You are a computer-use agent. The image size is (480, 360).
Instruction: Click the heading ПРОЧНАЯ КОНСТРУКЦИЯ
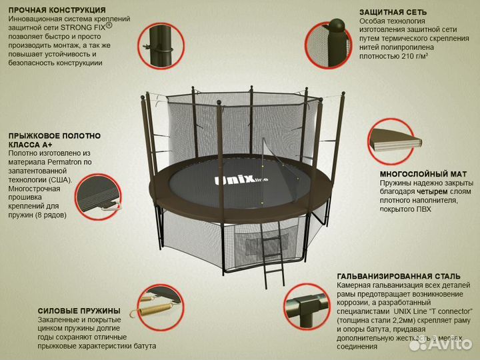click(57, 11)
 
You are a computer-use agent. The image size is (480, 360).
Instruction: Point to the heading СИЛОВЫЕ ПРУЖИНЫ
click(79, 311)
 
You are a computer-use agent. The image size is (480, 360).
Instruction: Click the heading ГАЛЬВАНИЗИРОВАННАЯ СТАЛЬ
click(399, 277)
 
